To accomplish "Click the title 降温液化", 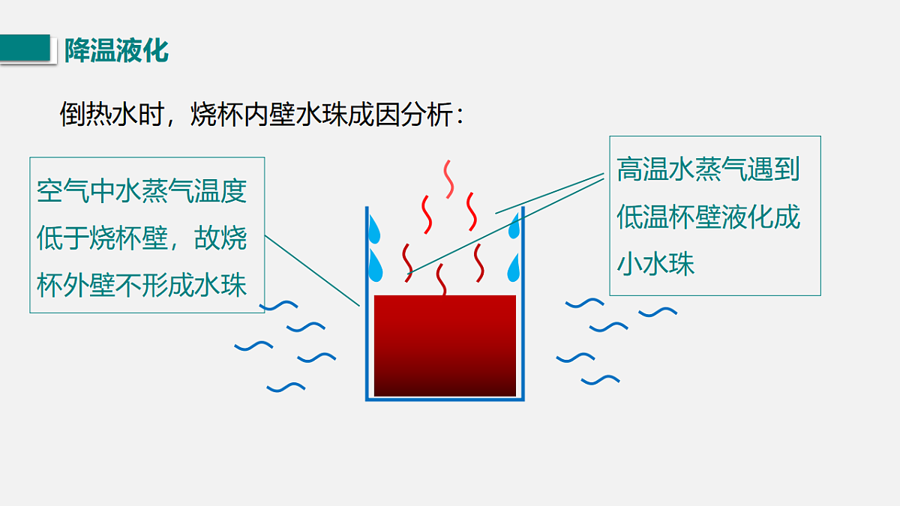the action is (116, 51).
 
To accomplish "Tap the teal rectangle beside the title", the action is (25, 48).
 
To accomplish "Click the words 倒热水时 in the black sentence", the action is (112, 115).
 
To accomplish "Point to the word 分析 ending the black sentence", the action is (427, 115).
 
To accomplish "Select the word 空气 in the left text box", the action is (63, 191).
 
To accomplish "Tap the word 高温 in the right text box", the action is (643, 169).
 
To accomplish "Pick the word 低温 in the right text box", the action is (643, 217).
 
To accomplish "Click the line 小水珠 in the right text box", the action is (655, 264).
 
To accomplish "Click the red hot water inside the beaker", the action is (445, 346).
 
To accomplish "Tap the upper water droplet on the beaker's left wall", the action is (374, 230).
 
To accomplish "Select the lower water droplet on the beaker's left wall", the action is (375, 266).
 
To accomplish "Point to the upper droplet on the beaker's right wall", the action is (514, 226).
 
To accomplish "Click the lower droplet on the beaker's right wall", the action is (514, 268).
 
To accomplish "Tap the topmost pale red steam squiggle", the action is (448, 179).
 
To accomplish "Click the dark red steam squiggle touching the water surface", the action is (441, 280).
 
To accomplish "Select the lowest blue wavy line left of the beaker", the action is (286, 388).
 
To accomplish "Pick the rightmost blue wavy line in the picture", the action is (658, 312).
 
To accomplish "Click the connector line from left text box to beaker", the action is (312, 271).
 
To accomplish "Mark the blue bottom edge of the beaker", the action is (445, 399).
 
